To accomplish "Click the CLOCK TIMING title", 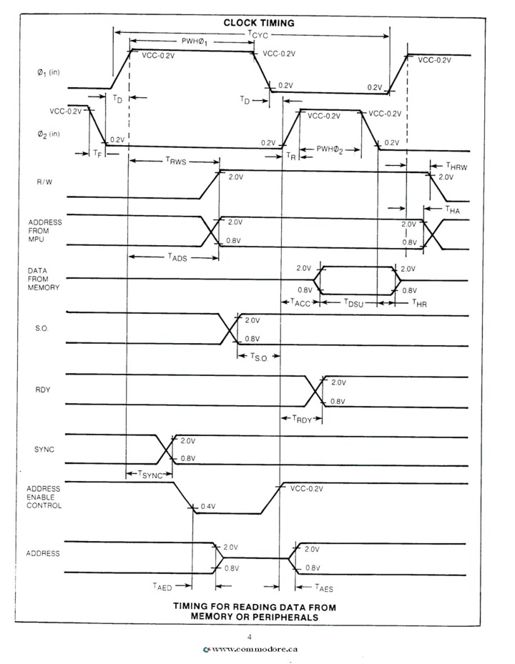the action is pyautogui.click(x=259, y=23).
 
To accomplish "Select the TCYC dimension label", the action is pyautogui.click(x=257, y=34).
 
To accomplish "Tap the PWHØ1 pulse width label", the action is pyautogui.click(x=195, y=41).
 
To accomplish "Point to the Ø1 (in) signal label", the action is pyautogui.click(x=48, y=72).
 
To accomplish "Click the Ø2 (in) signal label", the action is pyautogui.click(x=48, y=134).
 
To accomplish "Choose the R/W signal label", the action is pyautogui.click(x=44, y=182).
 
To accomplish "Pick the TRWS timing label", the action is pyautogui.click(x=175, y=161).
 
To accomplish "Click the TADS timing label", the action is pyautogui.click(x=177, y=257).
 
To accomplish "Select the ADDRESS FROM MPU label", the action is pyautogui.click(x=45, y=231).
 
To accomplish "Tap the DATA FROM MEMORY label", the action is pyautogui.click(x=43, y=279).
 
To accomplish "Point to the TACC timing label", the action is pyautogui.click(x=300, y=302).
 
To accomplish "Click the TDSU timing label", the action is pyautogui.click(x=353, y=302).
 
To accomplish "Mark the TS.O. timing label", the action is pyautogui.click(x=259, y=357).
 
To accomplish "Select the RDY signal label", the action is pyautogui.click(x=43, y=390).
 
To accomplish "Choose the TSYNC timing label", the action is pyautogui.click(x=150, y=475).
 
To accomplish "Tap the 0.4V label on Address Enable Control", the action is pyautogui.click(x=208, y=506).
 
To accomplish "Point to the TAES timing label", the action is pyautogui.click(x=324, y=588).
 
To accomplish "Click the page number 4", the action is pyautogui.click(x=249, y=636).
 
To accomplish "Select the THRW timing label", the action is pyautogui.click(x=456, y=166).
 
